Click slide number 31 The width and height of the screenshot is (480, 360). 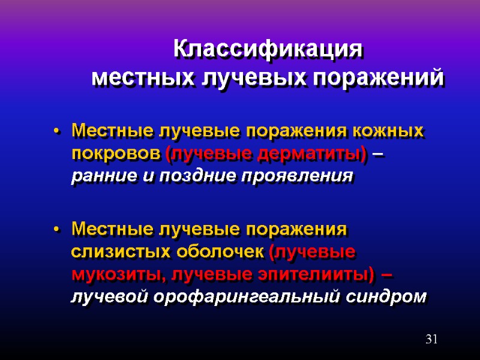click(x=431, y=340)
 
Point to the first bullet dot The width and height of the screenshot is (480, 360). click(x=56, y=131)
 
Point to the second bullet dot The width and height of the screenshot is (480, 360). click(x=56, y=230)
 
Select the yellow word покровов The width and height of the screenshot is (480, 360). click(x=116, y=154)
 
